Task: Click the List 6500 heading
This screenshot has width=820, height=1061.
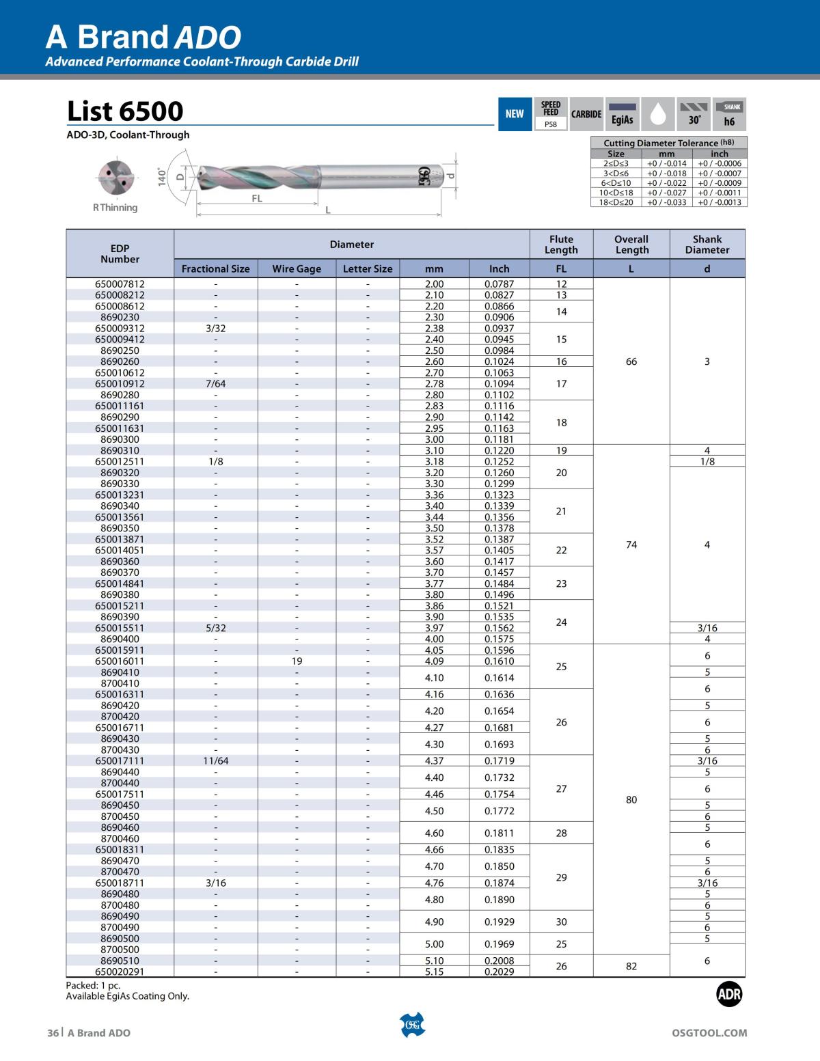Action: coord(125,111)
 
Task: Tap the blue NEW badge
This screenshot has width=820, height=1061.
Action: coord(515,114)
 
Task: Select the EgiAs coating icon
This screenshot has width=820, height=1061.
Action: coord(622,114)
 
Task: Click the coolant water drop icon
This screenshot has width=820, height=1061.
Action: coord(657,114)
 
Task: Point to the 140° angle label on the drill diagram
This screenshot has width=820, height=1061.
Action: coord(162,176)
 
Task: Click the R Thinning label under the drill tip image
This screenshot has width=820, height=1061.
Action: coord(115,208)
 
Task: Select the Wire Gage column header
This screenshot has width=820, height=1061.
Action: coord(297,268)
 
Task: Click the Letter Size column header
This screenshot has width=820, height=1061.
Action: coord(368,268)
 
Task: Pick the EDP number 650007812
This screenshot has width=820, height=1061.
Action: coord(120,284)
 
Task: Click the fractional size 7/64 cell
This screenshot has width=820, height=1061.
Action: coord(216,383)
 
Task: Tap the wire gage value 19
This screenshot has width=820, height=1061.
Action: coord(297,661)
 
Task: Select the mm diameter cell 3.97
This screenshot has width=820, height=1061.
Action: coord(434,628)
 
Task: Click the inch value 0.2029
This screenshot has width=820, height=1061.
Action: coord(499,972)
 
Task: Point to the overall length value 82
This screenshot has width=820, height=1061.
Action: coord(631,966)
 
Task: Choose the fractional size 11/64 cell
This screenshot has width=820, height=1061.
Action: coord(216,760)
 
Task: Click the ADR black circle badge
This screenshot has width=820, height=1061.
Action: coord(729,995)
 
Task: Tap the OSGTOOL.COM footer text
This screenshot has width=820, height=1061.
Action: coord(709,1033)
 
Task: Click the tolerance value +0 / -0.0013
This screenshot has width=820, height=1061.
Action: coord(719,202)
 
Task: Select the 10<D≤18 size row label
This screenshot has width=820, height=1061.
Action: coord(616,193)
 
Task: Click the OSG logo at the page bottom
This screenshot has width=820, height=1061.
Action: coord(411,1024)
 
